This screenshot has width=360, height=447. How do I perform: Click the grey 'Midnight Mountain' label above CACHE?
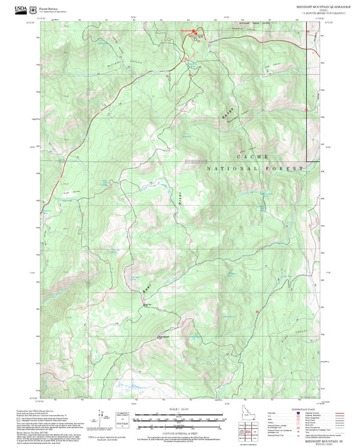pyautogui.click(x=195, y=160)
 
